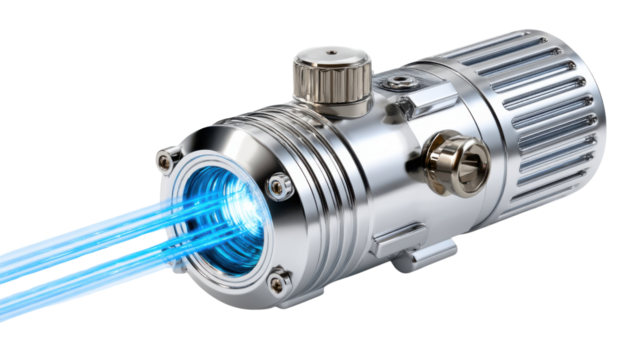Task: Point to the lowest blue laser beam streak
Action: [60, 290]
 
